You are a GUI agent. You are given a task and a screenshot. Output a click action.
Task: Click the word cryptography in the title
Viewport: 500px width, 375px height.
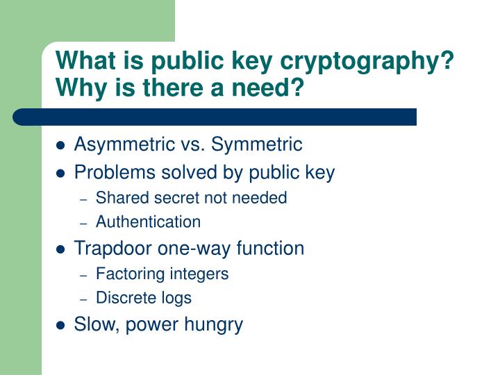(x=367, y=62)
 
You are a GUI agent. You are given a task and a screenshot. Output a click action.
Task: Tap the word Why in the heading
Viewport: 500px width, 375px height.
(x=81, y=87)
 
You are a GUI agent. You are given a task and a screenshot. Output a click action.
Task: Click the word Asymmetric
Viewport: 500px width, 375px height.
(x=125, y=144)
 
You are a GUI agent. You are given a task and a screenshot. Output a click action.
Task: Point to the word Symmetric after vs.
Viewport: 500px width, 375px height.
(x=257, y=144)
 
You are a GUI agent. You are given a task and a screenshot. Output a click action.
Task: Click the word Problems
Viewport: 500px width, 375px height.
(x=115, y=172)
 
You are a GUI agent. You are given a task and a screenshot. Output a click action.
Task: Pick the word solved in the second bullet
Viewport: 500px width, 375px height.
(x=189, y=172)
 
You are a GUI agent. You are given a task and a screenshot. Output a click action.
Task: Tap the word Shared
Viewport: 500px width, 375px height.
(x=122, y=198)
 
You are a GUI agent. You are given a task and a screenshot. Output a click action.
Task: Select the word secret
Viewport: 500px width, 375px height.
(x=176, y=199)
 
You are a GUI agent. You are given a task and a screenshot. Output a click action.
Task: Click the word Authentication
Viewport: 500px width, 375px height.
(x=149, y=222)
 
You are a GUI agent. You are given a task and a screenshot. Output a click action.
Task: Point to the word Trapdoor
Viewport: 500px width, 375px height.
(x=113, y=249)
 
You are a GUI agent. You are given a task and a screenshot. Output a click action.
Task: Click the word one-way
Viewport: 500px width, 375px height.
(x=194, y=249)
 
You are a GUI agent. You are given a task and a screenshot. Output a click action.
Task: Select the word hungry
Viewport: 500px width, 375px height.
(x=213, y=325)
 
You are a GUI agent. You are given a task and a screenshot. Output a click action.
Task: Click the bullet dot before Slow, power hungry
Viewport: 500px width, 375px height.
(x=60, y=325)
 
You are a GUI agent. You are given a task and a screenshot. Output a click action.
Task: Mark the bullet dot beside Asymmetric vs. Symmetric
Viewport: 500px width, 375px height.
(x=60, y=145)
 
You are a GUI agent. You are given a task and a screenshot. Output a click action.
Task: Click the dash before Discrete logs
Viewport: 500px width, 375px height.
(x=83, y=300)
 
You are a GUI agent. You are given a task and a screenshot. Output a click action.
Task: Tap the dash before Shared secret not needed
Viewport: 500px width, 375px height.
(x=83, y=200)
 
